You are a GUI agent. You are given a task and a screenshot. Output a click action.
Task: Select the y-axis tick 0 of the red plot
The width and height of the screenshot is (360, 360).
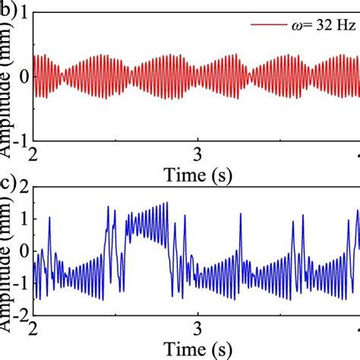(x=26, y=77)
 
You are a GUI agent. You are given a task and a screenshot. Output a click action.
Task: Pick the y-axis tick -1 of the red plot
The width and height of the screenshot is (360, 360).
(x=22, y=139)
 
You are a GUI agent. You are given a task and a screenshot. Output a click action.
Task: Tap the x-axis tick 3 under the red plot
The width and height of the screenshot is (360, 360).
(x=197, y=152)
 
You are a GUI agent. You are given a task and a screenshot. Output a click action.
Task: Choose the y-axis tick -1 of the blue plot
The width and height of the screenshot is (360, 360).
(x=22, y=283)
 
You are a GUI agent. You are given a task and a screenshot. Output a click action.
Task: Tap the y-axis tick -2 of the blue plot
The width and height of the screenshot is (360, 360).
(x=22, y=314)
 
